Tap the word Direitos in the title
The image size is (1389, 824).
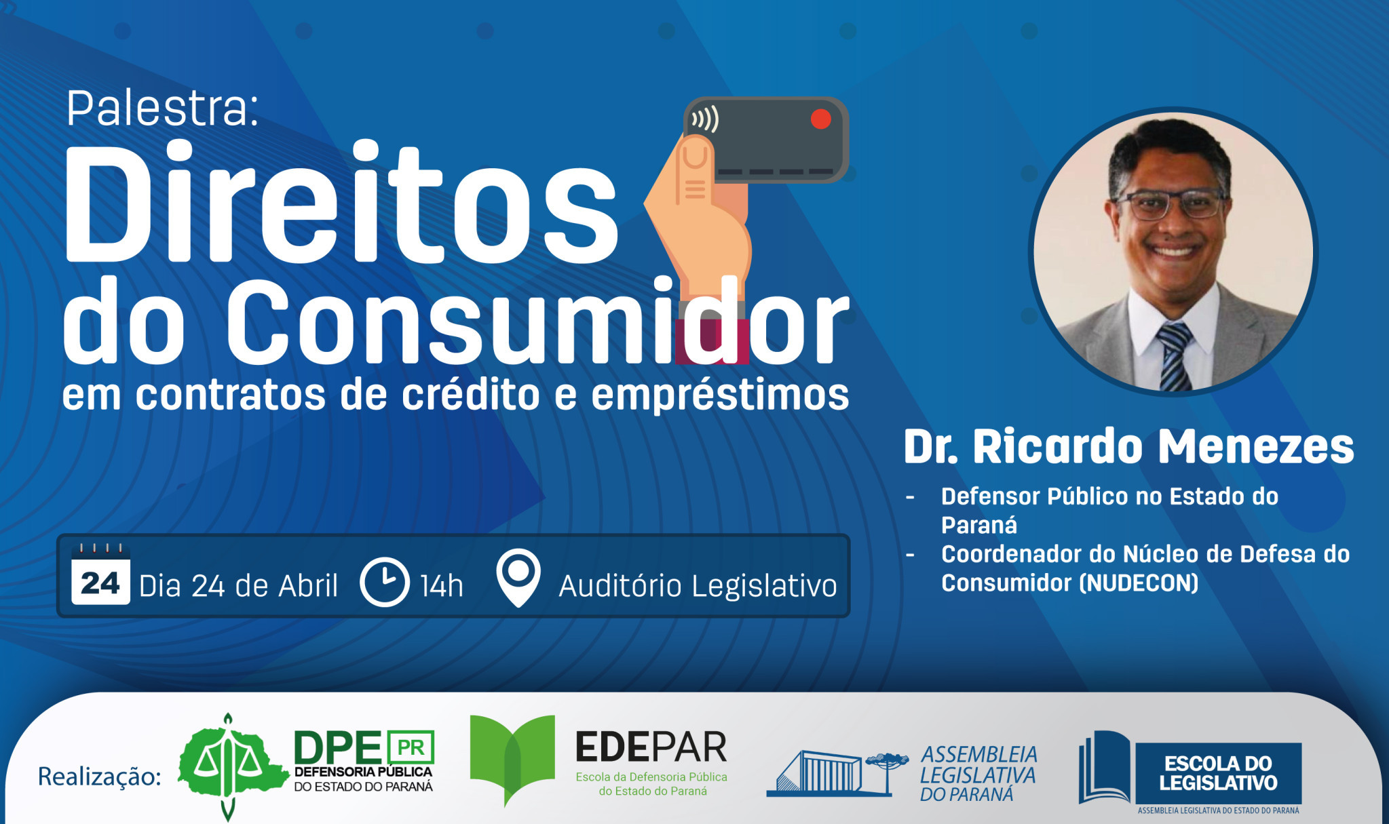tap(339, 203)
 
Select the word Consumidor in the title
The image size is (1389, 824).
tap(536, 322)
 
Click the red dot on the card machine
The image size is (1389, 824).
tap(820, 119)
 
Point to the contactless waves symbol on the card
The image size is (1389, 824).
tap(705, 120)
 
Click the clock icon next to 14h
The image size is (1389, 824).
tap(384, 582)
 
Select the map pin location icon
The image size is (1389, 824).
tap(518, 577)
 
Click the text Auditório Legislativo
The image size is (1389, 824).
tap(698, 586)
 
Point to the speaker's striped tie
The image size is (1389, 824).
tap(1175, 356)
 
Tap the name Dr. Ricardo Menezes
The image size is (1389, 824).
tap(1128, 447)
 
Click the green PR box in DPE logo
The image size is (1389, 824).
tap(411, 747)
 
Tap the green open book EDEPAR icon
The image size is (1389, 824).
tap(512, 757)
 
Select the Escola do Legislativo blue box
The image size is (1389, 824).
tap(1218, 773)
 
